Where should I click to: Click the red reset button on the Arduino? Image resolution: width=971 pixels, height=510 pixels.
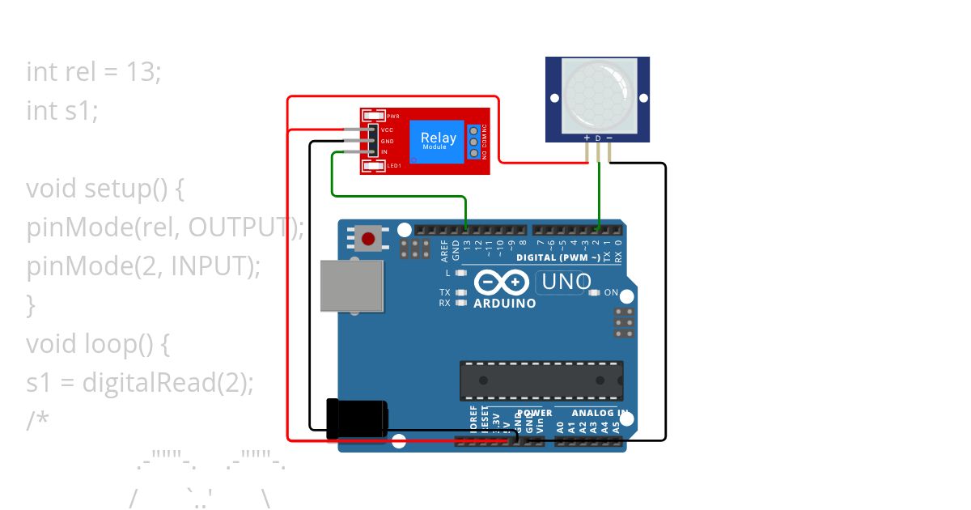[x=369, y=240]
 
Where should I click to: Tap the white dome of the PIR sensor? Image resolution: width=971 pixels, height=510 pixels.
[x=597, y=96]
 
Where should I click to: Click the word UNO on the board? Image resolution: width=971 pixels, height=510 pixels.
[x=566, y=283]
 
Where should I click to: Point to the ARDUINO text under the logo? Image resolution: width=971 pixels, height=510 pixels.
[x=504, y=304]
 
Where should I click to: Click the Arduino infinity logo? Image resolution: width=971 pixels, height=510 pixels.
[x=502, y=283]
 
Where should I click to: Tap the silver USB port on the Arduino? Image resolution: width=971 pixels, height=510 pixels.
[x=351, y=286]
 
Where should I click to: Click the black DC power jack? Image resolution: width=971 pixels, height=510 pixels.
[x=356, y=419]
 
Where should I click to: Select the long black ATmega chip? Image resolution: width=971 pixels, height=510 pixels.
[x=541, y=380]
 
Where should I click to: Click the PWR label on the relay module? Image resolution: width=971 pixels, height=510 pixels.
[x=393, y=117]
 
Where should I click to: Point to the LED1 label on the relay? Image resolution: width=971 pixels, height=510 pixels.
[x=394, y=166]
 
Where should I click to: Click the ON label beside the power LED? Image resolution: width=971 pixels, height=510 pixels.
[x=611, y=292]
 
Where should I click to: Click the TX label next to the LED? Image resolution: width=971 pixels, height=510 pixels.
[x=445, y=292]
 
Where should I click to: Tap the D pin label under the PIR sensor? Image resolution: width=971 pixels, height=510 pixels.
[x=598, y=138]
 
